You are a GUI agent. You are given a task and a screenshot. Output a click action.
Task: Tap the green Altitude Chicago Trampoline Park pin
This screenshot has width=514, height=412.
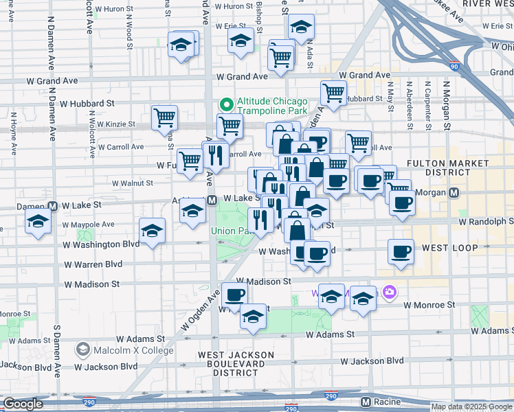(x=225, y=106)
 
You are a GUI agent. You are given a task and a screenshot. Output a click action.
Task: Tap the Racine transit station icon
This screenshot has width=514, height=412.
(x=366, y=402)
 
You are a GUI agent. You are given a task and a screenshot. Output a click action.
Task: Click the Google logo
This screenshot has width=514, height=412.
(x=23, y=404)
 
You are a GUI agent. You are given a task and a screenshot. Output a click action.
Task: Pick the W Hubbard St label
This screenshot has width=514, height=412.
(x=87, y=104)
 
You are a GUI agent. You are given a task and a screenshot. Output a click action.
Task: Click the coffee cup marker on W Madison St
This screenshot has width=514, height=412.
(x=234, y=295)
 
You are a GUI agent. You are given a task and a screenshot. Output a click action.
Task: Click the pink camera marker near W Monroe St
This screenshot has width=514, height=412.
(x=390, y=293)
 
